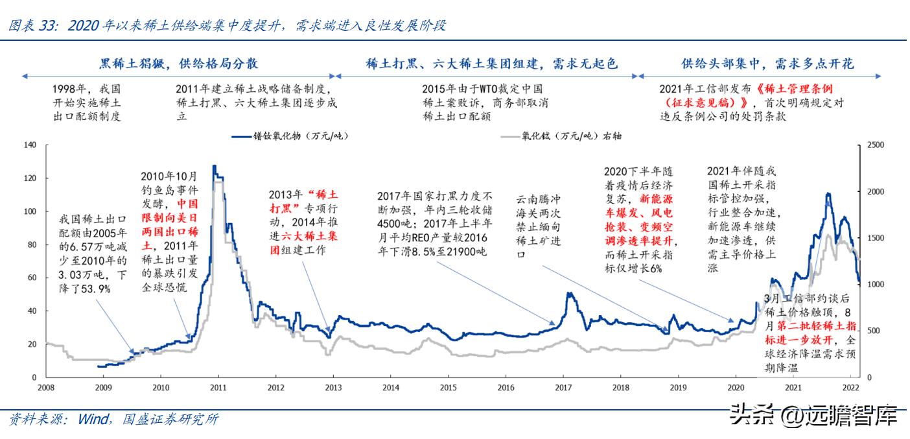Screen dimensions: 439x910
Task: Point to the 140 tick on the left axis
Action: pos(30,145)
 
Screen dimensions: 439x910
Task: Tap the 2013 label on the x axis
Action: pos(332,388)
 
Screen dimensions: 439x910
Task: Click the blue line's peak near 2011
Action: pos(214,167)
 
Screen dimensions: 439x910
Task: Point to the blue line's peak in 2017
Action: pos(569,294)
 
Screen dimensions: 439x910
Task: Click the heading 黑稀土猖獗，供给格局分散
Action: pos(178,64)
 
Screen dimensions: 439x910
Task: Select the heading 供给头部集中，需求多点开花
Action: pos(767,64)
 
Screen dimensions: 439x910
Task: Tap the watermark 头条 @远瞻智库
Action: pos(813,416)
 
